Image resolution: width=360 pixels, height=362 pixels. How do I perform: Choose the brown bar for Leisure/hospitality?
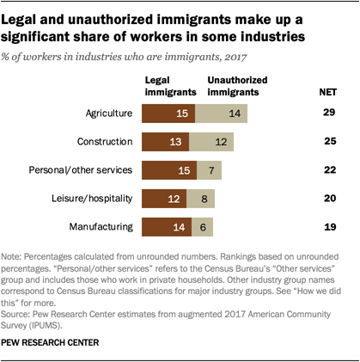coord(166,199)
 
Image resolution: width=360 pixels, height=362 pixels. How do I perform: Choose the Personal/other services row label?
coord(85,170)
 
